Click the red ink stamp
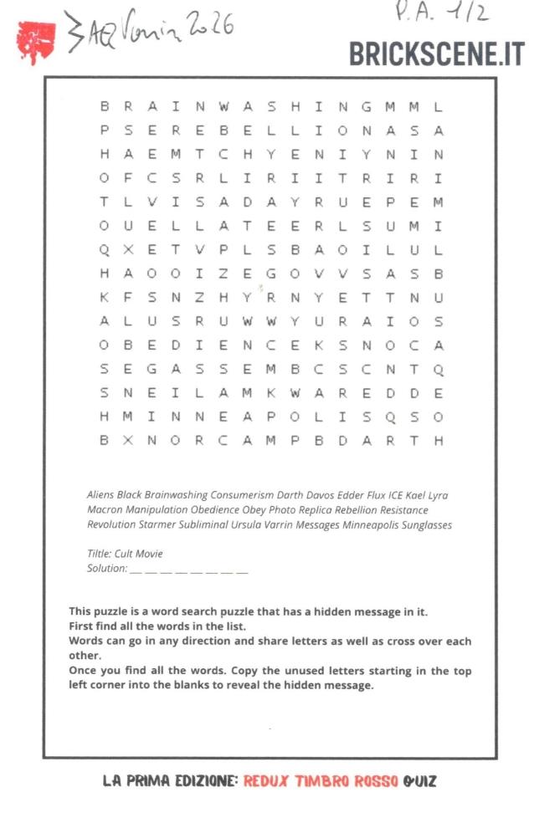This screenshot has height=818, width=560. click(36, 39)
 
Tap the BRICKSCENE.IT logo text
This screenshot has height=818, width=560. click(436, 54)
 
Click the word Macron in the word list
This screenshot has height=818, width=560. click(105, 510)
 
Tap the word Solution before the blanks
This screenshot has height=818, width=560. click(107, 569)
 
